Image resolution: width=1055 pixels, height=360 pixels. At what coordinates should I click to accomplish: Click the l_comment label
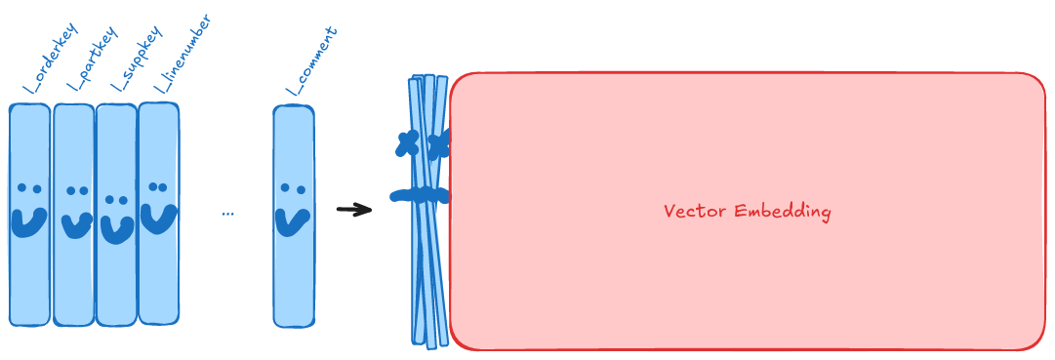(x=311, y=61)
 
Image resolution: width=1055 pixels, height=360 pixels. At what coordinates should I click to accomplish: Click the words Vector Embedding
(x=747, y=212)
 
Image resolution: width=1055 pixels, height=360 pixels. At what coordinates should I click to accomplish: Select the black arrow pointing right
(x=354, y=209)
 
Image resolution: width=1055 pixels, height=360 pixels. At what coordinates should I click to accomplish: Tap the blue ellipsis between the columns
(x=227, y=213)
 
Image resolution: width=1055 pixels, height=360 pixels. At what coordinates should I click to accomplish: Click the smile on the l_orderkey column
(x=28, y=220)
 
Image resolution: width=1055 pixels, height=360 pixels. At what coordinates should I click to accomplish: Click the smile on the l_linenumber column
(x=159, y=217)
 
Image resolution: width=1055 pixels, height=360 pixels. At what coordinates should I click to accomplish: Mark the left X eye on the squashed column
(x=408, y=144)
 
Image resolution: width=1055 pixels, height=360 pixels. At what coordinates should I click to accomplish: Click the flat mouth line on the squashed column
(x=420, y=196)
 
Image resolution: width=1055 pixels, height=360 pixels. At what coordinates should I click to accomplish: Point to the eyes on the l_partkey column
(x=77, y=191)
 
